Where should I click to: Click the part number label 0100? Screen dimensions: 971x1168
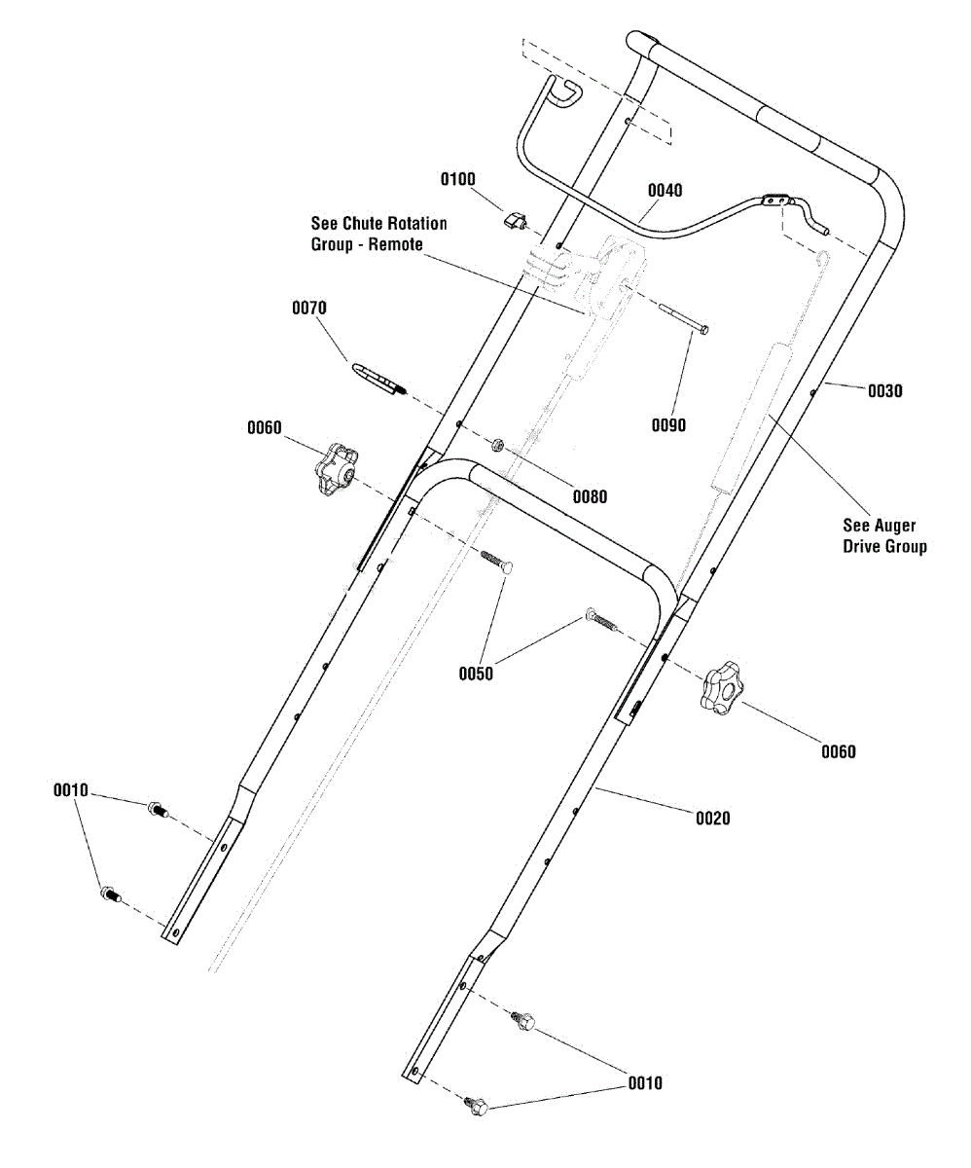pos(457,179)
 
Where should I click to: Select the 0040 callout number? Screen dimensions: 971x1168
pos(665,191)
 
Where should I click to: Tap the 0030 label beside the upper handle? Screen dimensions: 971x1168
pos(884,391)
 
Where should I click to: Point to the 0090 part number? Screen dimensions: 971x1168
pos(668,425)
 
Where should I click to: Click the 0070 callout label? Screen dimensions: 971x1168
pos(309,308)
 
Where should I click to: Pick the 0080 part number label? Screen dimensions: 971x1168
pos(590,496)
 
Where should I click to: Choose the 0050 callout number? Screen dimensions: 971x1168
pos(476,674)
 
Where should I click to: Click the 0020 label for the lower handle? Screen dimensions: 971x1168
pos(712,819)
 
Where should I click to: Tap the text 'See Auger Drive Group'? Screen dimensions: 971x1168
pos(884,536)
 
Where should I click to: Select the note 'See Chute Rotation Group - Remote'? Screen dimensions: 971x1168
pos(378,234)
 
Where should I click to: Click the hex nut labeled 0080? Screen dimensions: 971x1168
pos(497,445)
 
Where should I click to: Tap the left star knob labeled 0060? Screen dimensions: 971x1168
pos(338,469)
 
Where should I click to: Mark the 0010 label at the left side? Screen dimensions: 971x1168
pos(70,790)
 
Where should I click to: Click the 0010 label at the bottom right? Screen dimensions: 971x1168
pos(645,1083)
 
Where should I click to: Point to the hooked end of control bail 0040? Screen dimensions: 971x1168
pos(566,92)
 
